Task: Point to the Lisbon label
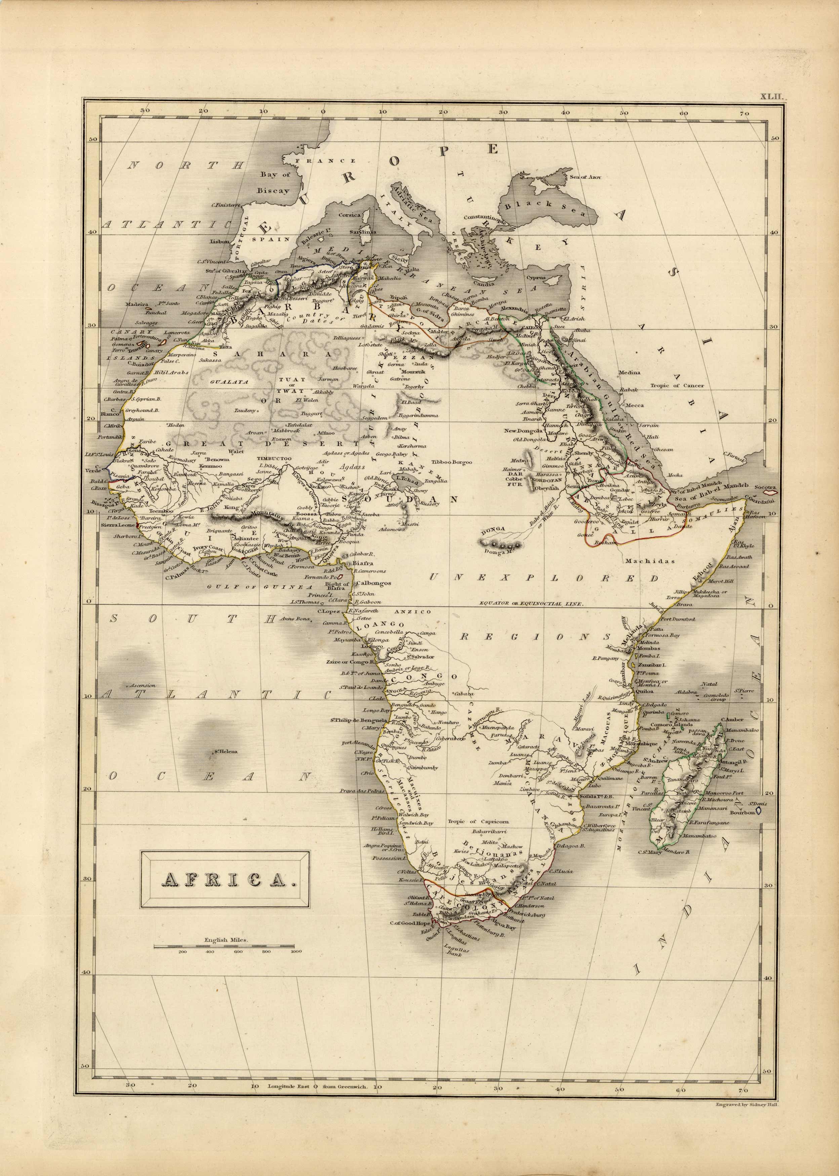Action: click(218, 241)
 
